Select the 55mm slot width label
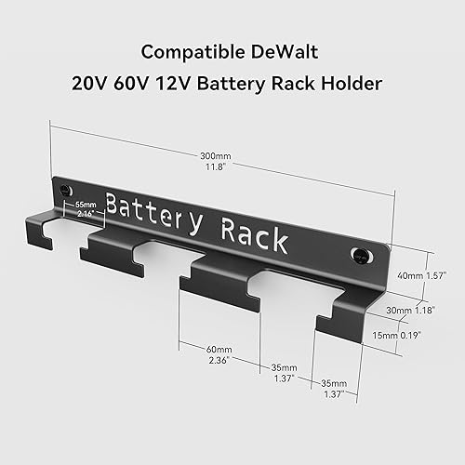86,203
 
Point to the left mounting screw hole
65,190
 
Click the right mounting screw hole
359,254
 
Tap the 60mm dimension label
219,349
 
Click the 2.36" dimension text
219,359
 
